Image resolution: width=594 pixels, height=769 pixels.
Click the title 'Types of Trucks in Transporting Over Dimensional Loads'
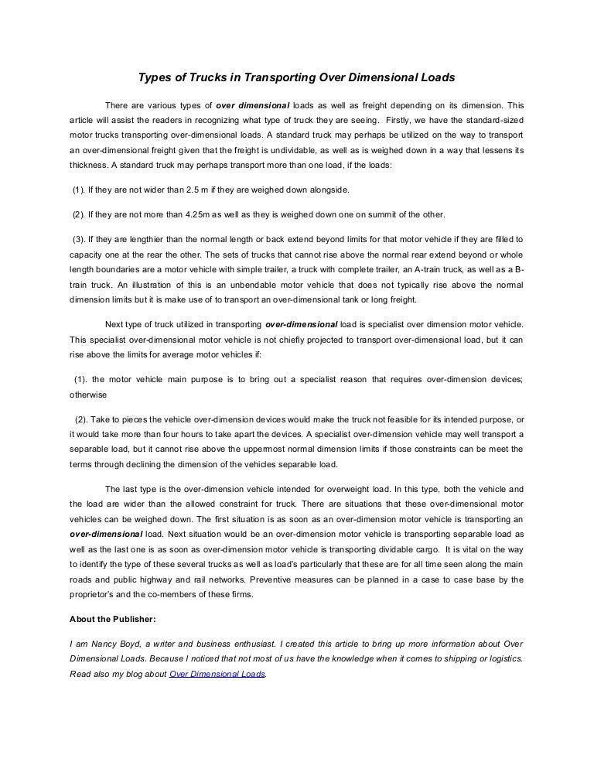(296, 77)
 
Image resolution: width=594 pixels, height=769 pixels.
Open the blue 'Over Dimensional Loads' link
(217, 674)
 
